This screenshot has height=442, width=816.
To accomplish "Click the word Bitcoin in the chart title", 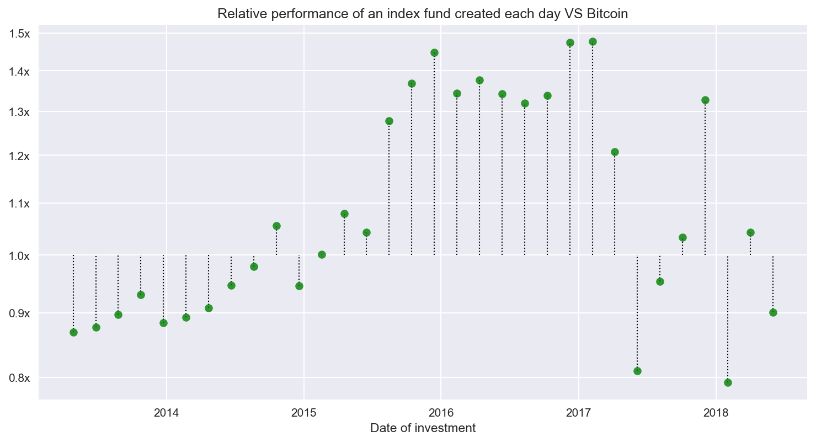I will (609, 14).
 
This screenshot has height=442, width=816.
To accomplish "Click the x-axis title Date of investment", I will (423, 428).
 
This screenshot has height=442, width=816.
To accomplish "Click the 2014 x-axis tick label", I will (166, 412).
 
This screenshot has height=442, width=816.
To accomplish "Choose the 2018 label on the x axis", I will (716, 412).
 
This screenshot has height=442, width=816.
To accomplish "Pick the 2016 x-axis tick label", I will (441, 412).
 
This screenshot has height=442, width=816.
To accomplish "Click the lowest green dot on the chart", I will (728, 382).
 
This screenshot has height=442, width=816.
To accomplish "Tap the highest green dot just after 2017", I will (593, 42).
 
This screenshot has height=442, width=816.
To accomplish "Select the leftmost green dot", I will (73, 332).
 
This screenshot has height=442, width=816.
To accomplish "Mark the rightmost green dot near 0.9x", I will (773, 312).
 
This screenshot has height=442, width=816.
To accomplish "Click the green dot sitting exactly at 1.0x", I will (322, 254).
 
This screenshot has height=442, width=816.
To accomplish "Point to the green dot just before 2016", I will (434, 53).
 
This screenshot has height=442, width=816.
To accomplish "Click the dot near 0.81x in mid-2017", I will (637, 371).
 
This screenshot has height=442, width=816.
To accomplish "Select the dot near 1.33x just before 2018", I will (705, 100).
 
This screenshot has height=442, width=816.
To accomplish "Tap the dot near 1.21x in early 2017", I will (615, 152).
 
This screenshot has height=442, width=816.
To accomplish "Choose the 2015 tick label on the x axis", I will (303, 412).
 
